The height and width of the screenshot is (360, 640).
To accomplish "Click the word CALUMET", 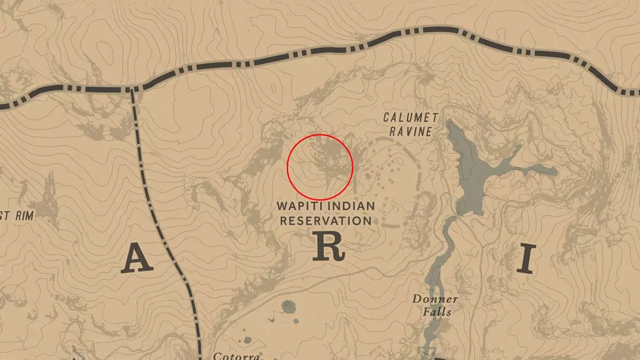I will [x=410, y=117].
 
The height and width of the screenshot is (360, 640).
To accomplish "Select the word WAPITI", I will [x=301, y=206].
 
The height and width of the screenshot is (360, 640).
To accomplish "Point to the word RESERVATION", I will [x=325, y=221].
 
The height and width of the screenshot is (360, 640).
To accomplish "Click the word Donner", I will [x=435, y=299].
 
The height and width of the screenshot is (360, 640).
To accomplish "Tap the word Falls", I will [x=435, y=312].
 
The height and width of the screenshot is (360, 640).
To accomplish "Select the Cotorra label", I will [x=237, y=355].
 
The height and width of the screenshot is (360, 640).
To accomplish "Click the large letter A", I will [x=136, y=259].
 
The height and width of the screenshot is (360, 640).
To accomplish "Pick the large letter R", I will [x=326, y=246].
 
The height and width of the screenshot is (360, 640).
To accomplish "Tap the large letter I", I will [x=526, y=259].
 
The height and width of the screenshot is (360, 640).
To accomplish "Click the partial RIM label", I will [x=18, y=214].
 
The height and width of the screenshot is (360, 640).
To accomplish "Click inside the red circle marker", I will [x=320, y=167].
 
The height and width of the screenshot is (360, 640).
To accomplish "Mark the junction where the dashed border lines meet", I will [x=132, y=89].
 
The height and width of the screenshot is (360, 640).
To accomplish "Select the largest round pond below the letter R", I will [x=288, y=306].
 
